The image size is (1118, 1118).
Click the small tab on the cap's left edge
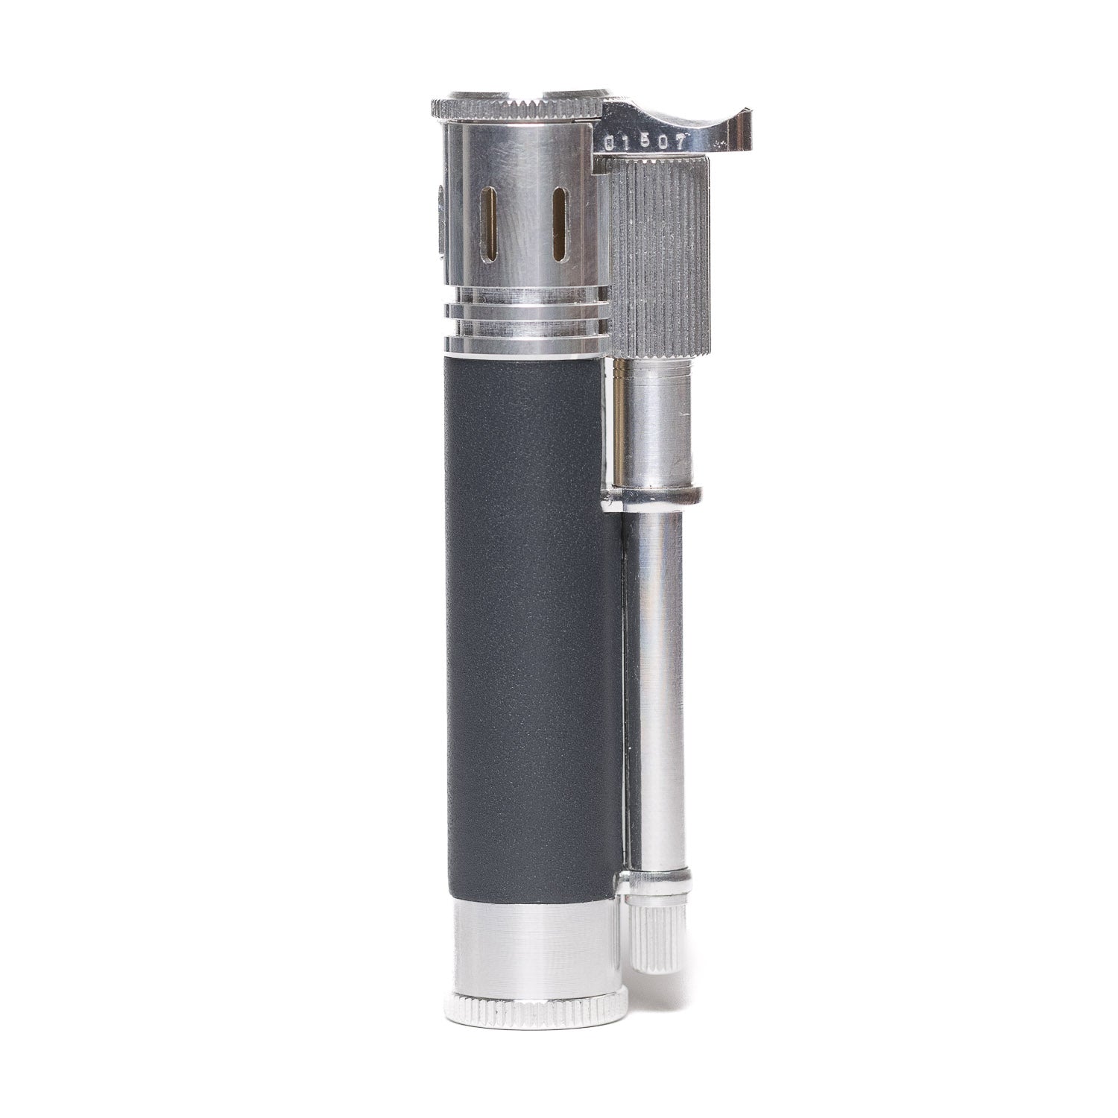click(x=438, y=224)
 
